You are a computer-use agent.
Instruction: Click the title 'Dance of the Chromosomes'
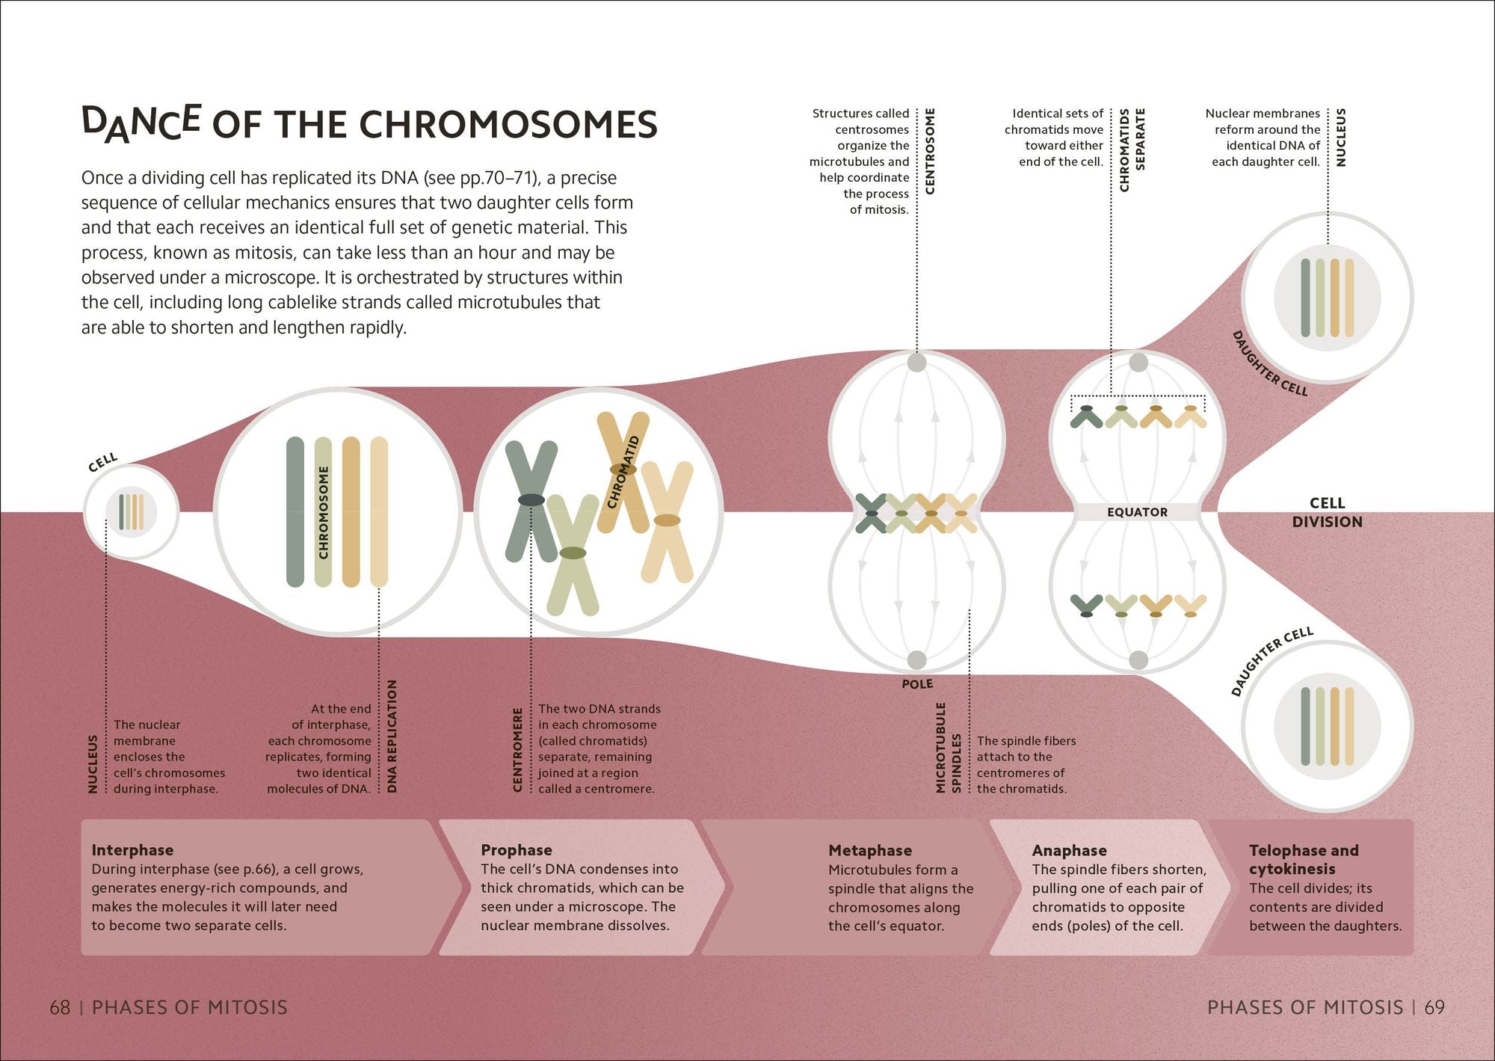pos(369,123)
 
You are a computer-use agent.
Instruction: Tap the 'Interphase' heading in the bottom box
pos(132,850)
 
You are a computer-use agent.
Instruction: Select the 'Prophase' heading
pos(517,850)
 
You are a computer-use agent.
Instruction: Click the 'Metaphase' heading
pos(870,851)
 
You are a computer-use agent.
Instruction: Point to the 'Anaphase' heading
pos(1069,851)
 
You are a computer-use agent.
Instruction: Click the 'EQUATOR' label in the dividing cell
pos(1137,512)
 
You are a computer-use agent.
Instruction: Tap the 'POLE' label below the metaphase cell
pos(917,684)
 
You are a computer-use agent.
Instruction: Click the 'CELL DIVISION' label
pos(1327,512)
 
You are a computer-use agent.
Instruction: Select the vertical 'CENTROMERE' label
pos(517,749)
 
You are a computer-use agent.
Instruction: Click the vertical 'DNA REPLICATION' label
pos(392,736)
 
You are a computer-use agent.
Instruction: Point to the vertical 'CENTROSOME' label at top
pos(930,152)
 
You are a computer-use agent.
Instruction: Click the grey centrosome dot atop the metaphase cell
pos(916,363)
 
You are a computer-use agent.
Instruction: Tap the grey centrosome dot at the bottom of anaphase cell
pos(1138,660)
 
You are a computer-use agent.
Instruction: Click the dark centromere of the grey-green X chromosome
pos(531,500)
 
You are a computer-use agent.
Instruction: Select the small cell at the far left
pos(131,512)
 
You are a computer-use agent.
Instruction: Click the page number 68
pos(60,1008)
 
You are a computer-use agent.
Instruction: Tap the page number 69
pos(1434,1008)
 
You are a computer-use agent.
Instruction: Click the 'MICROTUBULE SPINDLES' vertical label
pos(948,748)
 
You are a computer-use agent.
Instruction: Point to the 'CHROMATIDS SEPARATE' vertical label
pos(1132,150)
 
